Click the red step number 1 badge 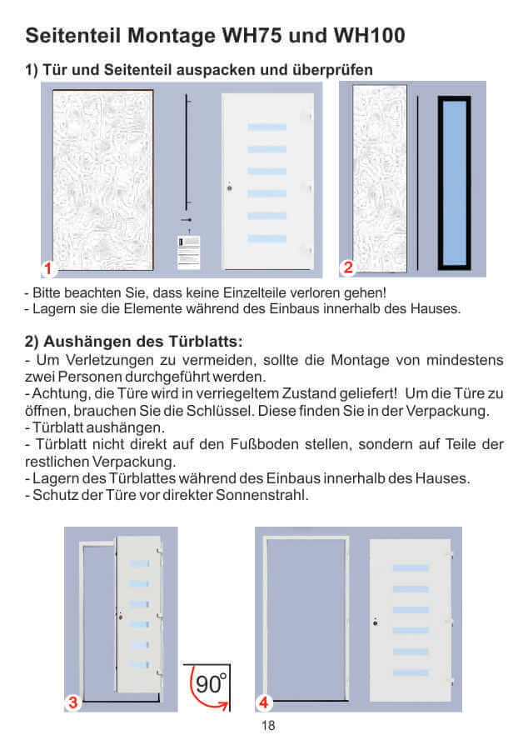click(x=49, y=268)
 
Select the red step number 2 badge click(x=348, y=267)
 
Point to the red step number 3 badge click(x=72, y=702)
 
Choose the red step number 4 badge click(x=263, y=702)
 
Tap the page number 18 click(x=267, y=726)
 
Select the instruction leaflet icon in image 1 click(x=189, y=251)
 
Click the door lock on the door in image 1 click(x=228, y=187)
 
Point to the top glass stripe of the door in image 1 click(x=266, y=127)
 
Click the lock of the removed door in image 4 click(x=375, y=622)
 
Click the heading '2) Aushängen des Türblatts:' click(x=134, y=342)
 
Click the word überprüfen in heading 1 click(x=330, y=69)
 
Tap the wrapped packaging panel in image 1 click(x=102, y=179)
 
